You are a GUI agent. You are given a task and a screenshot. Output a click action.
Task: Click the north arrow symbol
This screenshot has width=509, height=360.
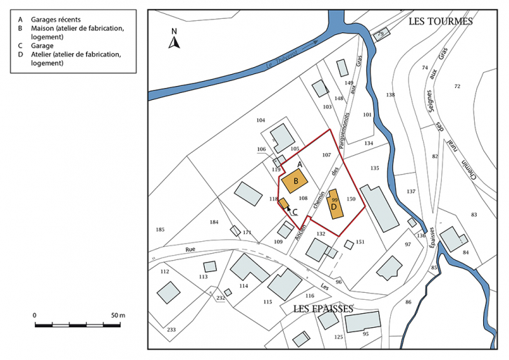tap(175, 41)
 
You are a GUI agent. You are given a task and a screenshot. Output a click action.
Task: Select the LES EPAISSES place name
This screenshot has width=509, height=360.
tap(323, 308)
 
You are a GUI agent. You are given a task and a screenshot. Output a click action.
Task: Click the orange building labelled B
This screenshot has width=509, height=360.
tap(295, 180)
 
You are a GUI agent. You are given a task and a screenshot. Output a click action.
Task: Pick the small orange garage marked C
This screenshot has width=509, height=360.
tap(285, 203)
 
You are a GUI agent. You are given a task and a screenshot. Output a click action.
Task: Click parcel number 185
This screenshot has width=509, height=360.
tap(160, 229)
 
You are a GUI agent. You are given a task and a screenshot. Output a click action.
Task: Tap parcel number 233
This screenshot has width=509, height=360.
tap(171, 329)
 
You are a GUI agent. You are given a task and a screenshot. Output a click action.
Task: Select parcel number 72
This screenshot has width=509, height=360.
tap(457, 86)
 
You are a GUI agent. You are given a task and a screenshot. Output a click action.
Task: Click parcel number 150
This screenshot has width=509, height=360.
tap(351, 200)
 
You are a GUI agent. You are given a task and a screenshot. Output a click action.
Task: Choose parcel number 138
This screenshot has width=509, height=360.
tap(390, 94)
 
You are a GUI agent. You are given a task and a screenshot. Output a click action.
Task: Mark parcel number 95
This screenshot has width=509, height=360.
tap(365, 334)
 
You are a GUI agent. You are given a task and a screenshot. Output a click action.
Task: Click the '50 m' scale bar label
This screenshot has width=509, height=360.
tap(117, 316)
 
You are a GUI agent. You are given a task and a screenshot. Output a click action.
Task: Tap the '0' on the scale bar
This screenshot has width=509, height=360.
tap(35, 316)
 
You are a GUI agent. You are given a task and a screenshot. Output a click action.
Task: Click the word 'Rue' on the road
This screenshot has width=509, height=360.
tap(190, 250)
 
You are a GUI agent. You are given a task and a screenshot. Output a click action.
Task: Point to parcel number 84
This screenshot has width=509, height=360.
tap(465, 252)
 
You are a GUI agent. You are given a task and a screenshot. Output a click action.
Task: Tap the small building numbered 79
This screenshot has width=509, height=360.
tap(380, 34)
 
